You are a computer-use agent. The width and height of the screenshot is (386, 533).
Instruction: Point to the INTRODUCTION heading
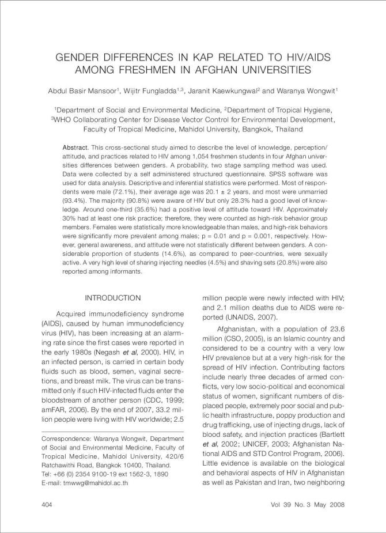[112, 298]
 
